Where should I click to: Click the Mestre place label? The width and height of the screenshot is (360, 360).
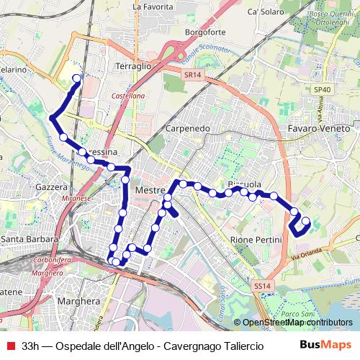point(150,189)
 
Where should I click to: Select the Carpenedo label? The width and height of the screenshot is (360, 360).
point(187,127)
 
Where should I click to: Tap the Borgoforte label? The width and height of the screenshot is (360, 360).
point(205,32)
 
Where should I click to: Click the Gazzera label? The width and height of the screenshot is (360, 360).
point(50,186)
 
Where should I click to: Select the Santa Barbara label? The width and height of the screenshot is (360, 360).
point(30,239)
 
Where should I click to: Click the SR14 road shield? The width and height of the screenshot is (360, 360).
point(191,75)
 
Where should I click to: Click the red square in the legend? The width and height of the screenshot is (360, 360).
point(9,345)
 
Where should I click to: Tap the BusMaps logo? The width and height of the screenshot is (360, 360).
point(326,345)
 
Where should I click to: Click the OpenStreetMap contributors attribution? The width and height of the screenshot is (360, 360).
point(297,323)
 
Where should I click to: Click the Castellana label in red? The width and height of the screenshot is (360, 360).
point(129,95)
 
